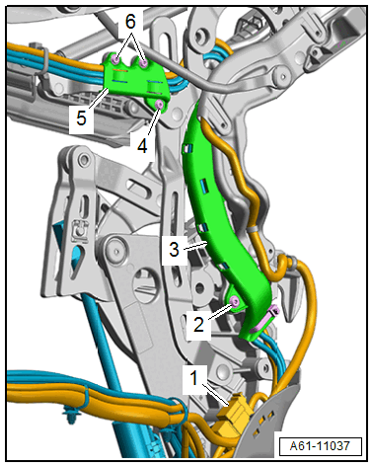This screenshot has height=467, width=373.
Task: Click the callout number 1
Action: pyautogui.click(x=194, y=377)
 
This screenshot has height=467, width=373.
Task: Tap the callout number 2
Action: pyautogui.click(x=198, y=325)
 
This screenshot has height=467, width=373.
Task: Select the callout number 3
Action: pyautogui.click(x=174, y=249)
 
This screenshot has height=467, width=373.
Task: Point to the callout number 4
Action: pyautogui.click(x=142, y=146)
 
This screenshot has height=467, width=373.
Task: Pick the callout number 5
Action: pyautogui.click(x=81, y=117)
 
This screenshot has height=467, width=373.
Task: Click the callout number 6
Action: pyautogui.click(x=130, y=22)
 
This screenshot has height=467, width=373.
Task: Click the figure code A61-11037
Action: pyautogui.click(x=320, y=446)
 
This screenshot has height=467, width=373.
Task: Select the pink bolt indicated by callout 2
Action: pyautogui.click(x=235, y=301)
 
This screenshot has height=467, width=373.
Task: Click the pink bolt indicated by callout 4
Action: pyautogui.click(x=160, y=105)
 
